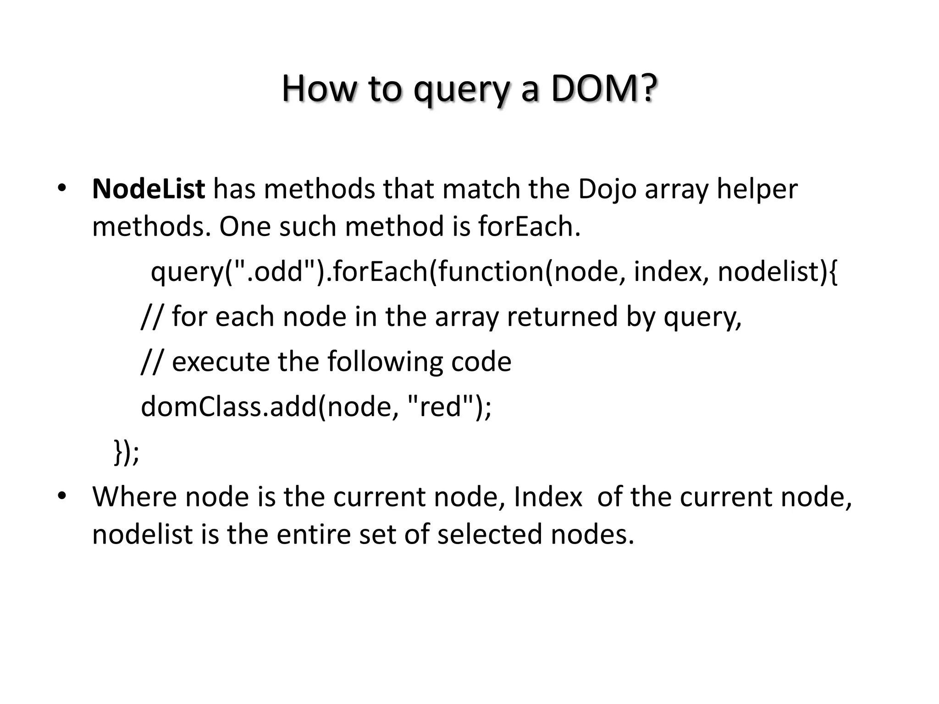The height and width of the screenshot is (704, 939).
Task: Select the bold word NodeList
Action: click(x=149, y=189)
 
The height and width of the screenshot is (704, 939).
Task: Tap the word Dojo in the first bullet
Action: click(x=607, y=189)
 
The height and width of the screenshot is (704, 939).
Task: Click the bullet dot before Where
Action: click(x=62, y=495)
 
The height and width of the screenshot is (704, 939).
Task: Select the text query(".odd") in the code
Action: click(x=233, y=271)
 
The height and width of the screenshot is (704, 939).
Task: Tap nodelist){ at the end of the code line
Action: click(x=778, y=271)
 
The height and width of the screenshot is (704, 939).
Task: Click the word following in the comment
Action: click(x=385, y=361)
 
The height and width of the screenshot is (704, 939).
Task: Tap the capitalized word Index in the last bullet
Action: click(x=548, y=496)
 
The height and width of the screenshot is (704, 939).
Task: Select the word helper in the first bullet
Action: click(x=757, y=189)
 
